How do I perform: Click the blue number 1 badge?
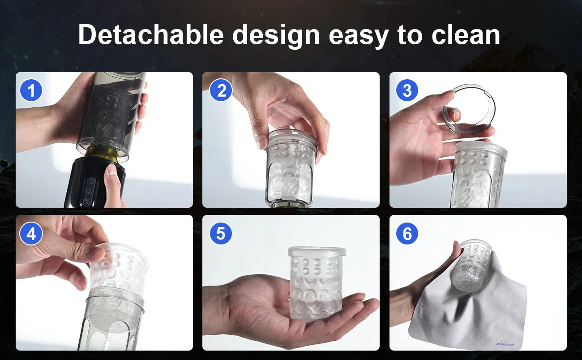coord(31,90)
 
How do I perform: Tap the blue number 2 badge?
coord(221,90)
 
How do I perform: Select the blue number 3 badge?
coord(407,90)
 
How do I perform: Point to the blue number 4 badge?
coord(31,233)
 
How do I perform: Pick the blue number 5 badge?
coord(221,233)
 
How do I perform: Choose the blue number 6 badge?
coord(407,233)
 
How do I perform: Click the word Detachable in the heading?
coord(151,34)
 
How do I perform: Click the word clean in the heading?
coord(466,34)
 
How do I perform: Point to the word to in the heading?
coord(410,35)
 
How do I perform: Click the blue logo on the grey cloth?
coord(505,344)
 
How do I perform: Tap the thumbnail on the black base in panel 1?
coord(111,170)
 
